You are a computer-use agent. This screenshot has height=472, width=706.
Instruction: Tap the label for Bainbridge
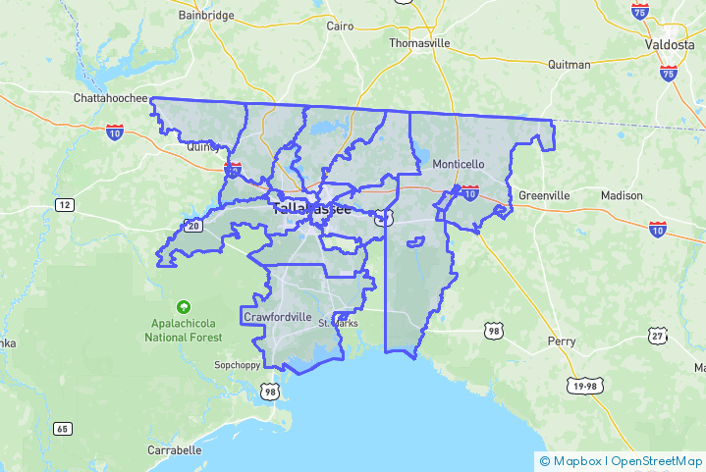(206, 16)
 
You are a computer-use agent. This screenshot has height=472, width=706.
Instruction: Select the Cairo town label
(340, 26)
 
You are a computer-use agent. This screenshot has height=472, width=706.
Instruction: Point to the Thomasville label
(419, 43)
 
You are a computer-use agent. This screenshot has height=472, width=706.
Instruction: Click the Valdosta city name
(670, 45)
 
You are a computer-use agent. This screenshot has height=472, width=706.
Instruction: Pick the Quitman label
(570, 65)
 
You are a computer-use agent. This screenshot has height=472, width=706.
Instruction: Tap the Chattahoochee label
(110, 98)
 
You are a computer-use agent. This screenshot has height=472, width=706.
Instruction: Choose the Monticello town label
(459, 164)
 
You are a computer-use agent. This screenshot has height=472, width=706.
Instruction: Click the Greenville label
(543, 195)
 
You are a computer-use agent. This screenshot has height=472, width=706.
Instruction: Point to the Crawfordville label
(278, 318)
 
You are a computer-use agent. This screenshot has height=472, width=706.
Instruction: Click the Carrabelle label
(175, 450)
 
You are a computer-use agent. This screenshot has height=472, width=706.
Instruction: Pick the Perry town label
(561, 341)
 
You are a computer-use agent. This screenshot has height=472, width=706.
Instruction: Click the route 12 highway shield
(65, 204)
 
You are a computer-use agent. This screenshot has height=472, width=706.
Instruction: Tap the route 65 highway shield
(63, 429)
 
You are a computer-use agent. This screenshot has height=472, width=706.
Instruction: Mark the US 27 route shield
(658, 336)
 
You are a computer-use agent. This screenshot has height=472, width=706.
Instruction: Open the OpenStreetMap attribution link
(654, 460)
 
